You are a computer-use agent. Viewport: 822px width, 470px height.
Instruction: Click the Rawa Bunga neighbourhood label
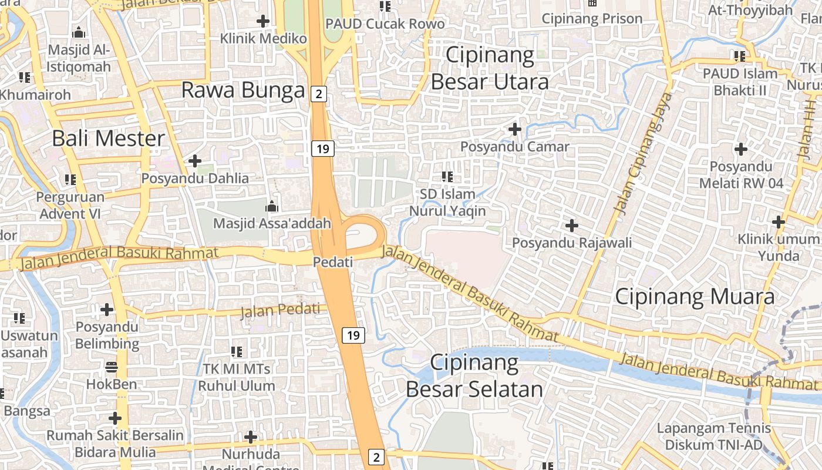click(243, 90)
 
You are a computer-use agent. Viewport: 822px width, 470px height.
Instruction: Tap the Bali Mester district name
click(109, 139)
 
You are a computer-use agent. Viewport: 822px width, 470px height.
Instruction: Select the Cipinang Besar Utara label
click(490, 68)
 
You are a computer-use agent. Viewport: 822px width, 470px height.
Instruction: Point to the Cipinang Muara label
click(695, 297)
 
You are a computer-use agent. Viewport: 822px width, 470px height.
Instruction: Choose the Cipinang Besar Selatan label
click(474, 376)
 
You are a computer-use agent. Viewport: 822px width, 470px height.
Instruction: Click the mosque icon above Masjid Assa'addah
click(271, 206)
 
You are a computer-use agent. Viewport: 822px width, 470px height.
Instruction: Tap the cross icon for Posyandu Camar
click(515, 129)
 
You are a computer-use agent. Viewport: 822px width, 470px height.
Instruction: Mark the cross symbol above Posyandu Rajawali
click(571, 225)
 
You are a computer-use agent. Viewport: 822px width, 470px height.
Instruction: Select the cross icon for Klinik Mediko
click(263, 22)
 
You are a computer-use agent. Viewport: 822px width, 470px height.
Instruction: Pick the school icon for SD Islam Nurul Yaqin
click(447, 176)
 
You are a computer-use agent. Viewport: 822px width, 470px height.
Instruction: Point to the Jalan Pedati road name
click(283, 310)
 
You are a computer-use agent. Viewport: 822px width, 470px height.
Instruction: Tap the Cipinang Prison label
click(592, 19)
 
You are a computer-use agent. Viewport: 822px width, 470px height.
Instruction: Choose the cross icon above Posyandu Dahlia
click(195, 160)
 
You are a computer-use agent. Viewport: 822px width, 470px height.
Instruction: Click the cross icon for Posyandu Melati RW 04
click(741, 149)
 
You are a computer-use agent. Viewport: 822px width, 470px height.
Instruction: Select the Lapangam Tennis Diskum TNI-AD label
click(709, 437)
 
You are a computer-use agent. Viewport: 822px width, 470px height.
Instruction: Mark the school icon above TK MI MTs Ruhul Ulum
click(237, 352)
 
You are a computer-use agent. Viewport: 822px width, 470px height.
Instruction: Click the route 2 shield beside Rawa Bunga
click(318, 93)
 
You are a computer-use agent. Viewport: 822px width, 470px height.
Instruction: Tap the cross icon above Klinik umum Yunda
click(779, 222)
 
